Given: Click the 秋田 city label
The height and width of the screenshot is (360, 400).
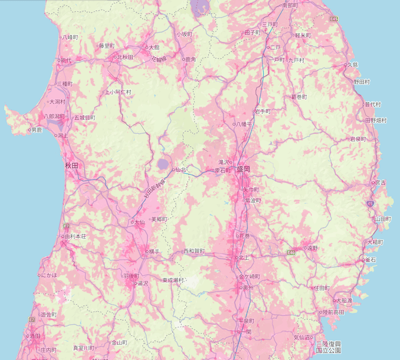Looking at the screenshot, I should [x=71, y=166].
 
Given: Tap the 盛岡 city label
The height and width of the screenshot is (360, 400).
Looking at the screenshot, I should [x=244, y=169].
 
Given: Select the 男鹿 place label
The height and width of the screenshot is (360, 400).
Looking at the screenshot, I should [x=37, y=130].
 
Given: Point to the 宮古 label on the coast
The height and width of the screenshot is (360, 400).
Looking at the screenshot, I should [x=381, y=182].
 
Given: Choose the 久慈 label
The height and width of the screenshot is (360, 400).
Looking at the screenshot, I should [x=353, y=65].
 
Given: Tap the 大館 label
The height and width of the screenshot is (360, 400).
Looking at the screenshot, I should [x=154, y=47].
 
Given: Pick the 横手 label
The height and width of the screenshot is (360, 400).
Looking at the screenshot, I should [x=154, y=251].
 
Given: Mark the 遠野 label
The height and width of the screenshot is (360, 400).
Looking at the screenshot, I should [x=312, y=248].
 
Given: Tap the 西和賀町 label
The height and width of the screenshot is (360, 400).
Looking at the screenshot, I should [x=194, y=251].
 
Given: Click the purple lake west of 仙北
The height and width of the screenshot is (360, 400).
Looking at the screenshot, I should [x=163, y=163].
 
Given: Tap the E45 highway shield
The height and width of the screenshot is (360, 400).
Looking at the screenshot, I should [x=335, y=19].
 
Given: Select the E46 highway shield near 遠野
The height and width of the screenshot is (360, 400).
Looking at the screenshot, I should [x=291, y=253].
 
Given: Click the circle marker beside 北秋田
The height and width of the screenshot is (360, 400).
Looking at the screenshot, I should [x=114, y=57].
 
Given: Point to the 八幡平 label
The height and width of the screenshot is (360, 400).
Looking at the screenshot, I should [x=244, y=124].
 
